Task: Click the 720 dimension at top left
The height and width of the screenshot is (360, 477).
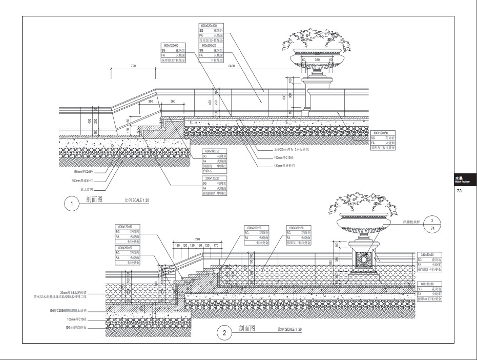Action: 133,66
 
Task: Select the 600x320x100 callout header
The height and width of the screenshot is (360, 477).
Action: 209,25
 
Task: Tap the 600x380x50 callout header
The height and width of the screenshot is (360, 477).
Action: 212,152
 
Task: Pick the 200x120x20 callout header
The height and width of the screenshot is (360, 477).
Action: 212,178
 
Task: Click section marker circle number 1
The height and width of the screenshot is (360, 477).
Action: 72,204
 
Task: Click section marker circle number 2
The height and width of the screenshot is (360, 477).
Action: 225,333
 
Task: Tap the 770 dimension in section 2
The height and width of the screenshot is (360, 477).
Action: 197,239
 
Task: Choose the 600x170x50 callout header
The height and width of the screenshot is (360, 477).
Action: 125,226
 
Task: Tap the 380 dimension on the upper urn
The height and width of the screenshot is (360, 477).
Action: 317,60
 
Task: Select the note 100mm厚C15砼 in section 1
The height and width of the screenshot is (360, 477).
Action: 284,158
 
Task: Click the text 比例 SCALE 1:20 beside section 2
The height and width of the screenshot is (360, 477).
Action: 289,329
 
